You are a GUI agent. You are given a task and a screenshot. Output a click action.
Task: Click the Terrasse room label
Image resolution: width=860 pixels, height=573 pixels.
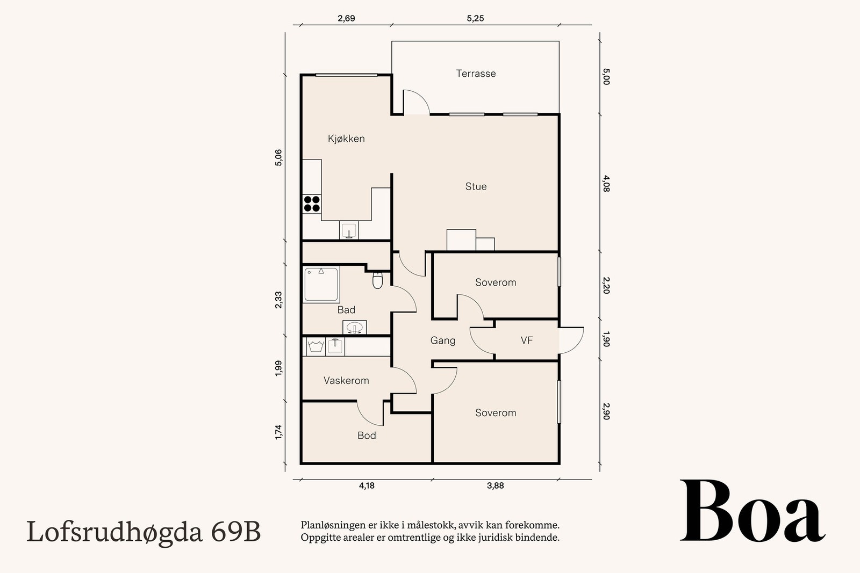(x=476, y=74)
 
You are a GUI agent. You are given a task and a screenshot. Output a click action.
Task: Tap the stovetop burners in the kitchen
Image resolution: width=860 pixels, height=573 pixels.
(x=312, y=204)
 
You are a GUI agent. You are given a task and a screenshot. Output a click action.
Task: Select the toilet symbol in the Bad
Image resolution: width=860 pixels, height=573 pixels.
(x=377, y=280)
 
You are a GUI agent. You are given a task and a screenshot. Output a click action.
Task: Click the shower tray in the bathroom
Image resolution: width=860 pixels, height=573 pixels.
(x=321, y=285)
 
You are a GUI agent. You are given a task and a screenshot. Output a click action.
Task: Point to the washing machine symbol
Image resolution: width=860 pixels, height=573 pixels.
(x=315, y=346)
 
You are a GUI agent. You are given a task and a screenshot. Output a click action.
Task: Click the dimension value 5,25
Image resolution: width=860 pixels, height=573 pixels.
(x=475, y=18)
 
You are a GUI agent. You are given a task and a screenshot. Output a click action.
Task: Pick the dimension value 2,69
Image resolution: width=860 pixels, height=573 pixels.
(x=346, y=18)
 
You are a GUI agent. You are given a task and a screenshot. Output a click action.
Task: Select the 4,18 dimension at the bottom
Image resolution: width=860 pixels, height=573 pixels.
(x=367, y=485)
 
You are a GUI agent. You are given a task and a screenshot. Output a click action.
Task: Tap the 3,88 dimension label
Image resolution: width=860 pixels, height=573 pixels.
(x=495, y=485)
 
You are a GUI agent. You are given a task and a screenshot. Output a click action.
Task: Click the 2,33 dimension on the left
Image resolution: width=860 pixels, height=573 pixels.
(x=278, y=300)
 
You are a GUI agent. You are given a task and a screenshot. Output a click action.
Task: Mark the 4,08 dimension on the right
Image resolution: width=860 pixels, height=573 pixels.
(x=606, y=183)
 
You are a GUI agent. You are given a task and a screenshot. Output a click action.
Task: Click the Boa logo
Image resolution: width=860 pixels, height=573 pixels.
(x=752, y=512)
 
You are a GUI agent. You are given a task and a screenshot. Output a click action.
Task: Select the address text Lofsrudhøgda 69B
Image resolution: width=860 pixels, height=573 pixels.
(x=144, y=532)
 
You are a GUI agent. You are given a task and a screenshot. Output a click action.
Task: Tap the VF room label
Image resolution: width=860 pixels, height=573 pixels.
(x=527, y=340)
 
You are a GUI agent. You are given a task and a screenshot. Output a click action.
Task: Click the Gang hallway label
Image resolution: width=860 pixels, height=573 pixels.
(x=443, y=340)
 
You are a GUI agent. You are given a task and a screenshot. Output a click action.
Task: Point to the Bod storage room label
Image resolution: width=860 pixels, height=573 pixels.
(x=367, y=436)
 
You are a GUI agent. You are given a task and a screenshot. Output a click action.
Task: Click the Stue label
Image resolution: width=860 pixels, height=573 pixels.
(x=476, y=186)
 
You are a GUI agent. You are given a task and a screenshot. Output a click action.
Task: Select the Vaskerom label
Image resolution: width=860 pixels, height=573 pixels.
(x=346, y=381)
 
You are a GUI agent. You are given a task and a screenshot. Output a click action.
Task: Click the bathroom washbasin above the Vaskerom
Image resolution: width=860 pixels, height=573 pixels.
(x=354, y=327)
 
